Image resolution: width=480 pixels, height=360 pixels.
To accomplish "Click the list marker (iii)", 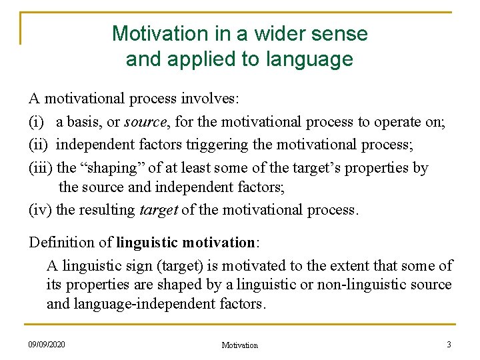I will (41, 168).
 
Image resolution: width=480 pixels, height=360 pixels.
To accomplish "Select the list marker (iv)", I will (40, 210).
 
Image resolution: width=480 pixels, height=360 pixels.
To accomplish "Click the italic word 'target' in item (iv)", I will (158, 210).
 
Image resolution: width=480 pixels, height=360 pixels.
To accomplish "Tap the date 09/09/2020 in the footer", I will (47, 344).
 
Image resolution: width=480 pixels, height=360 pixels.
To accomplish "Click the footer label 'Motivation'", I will (239, 345).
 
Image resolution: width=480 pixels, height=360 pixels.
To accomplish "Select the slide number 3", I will (449, 344).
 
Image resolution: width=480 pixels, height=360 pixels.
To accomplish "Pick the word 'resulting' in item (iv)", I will (107, 210).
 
